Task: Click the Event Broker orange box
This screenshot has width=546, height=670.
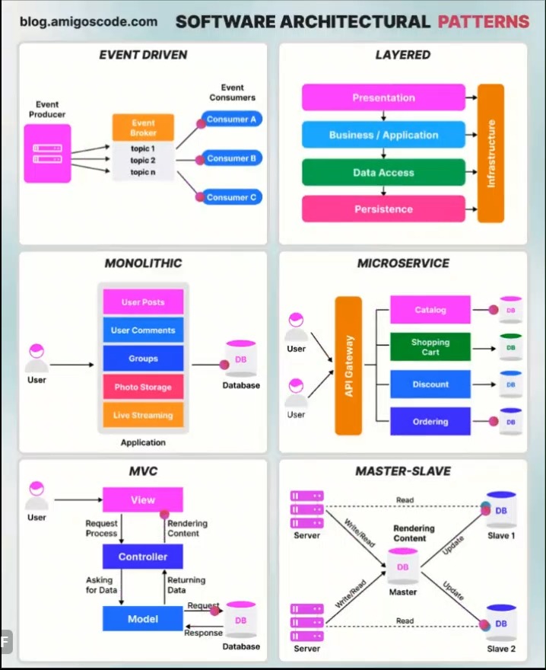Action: [143, 127]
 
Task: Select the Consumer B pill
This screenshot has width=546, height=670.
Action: [231, 158]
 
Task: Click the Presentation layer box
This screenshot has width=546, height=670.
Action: [383, 97]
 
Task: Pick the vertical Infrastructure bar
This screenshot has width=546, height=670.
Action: [490, 153]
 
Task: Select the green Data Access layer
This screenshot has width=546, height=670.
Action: [383, 172]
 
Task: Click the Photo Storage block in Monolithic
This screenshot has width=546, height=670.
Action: [143, 387]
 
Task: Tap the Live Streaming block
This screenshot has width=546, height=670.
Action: [143, 415]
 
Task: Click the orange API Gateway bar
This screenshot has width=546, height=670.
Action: [349, 365]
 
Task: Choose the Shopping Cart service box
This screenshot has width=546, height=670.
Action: [430, 347]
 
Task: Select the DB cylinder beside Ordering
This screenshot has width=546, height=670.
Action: [510, 421]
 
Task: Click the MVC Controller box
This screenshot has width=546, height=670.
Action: [143, 557]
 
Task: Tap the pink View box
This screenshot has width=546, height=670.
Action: [143, 500]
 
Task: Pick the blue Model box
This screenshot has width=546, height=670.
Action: [143, 618]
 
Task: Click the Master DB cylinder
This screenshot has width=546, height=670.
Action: [403, 568]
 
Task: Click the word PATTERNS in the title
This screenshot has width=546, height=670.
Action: [483, 21]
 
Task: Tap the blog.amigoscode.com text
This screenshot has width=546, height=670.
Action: [89, 21]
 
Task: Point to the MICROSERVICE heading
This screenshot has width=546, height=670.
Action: [403, 263]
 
